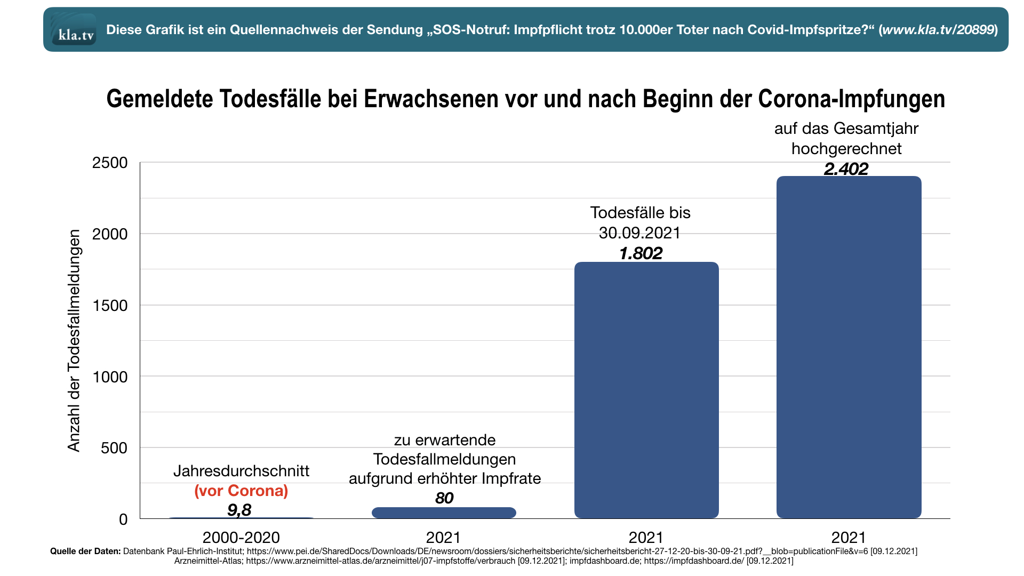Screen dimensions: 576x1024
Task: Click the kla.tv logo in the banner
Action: (x=74, y=30)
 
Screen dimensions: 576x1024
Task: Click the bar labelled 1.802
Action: (x=646, y=389)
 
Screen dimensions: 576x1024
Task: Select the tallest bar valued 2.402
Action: (x=849, y=347)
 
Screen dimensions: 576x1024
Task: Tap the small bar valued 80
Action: (x=444, y=513)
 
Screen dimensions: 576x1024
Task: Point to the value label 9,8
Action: (x=239, y=510)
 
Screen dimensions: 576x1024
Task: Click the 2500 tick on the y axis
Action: (x=110, y=163)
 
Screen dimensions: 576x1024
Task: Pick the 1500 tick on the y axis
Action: (x=110, y=306)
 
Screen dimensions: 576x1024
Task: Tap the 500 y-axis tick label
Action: (x=114, y=448)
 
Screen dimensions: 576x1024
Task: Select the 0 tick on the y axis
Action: (x=123, y=519)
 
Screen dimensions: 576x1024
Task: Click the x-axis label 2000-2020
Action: (x=241, y=537)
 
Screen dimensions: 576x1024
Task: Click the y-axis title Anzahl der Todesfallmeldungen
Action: (x=74, y=340)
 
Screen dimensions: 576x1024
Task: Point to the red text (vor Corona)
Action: (x=241, y=491)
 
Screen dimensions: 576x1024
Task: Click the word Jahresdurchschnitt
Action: (x=241, y=471)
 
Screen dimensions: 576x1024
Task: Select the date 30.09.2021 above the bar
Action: (x=639, y=233)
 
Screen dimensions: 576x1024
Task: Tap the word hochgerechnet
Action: (x=846, y=149)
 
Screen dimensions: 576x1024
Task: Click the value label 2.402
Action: (x=846, y=169)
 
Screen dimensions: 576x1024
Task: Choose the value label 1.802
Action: (x=641, y=253)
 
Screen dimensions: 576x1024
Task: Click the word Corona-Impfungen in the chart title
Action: (x=851, y=99)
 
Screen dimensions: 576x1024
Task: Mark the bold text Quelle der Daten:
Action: (x=85, y=551)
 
